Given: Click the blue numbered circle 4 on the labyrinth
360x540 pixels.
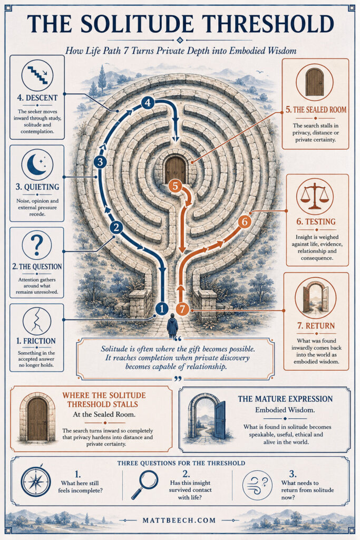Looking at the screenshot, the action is tap(148, 102).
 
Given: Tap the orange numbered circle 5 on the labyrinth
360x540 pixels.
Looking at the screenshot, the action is tap(175, 186).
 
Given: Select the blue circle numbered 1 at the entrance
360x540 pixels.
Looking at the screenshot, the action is tap(162, 308).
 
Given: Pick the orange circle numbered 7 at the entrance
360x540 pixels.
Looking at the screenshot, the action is tap(182, 309).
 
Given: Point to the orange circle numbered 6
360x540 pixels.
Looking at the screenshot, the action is tap(245, 221).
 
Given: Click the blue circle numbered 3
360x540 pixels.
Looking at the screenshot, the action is tap(100, 161).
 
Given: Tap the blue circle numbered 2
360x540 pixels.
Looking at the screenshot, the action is tap(116, 227).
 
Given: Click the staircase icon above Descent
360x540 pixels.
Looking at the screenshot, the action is tap(37, 75).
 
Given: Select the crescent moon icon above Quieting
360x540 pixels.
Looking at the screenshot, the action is tap(37, 165).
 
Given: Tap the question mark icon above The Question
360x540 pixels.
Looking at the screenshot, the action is tap(37, 245).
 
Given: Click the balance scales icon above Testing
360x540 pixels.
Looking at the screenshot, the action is tap(315, 196).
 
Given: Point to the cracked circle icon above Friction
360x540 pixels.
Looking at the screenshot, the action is tap(37, 321).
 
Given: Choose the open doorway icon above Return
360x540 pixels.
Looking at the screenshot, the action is tap(315, 298).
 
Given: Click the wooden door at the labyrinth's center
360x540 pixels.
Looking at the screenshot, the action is tap(175, 169).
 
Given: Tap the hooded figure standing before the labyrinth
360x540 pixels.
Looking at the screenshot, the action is tap(172, 326).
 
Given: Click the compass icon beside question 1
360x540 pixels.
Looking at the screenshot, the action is tap(36, 481).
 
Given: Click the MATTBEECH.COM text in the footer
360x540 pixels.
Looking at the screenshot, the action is tap(179, 520).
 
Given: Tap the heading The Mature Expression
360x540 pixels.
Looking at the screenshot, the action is tap(285, 399).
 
